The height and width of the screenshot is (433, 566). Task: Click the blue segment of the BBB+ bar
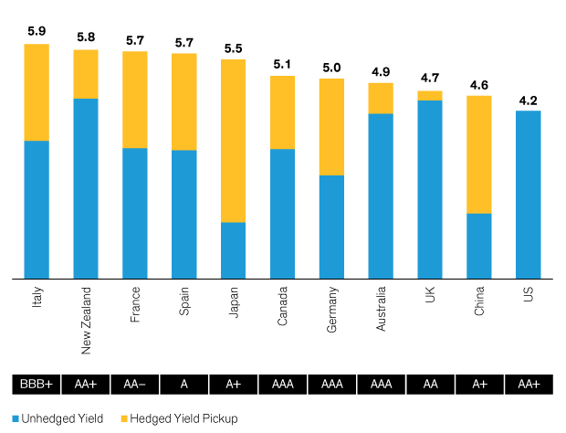(x=37, y=209)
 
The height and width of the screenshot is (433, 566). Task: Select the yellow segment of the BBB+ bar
(x=37, y=92)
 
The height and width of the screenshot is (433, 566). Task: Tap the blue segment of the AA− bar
(x=135, y=213)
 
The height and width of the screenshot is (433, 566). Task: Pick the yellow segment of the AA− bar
(x=135, y=100)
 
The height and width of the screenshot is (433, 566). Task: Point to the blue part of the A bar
(x=184, y=214)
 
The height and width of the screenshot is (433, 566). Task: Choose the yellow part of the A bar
(x=184, y=101)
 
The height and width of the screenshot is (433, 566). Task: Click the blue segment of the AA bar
(x=430, y=189)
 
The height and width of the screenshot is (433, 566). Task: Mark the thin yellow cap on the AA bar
(x=430, y=95)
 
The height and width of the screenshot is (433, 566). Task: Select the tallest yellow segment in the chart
(x=233, y=141)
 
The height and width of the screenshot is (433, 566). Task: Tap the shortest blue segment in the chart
(x=233, y=250)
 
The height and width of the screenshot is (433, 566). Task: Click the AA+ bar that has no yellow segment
(x=529, y=195)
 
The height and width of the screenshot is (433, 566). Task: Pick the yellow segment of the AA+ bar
(x=86, y=74)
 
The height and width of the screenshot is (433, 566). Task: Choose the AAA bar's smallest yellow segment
(x=381, y=98)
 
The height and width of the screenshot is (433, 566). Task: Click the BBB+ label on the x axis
(x=37, y=385)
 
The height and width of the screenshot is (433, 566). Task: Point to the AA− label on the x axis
(x=135, y=385)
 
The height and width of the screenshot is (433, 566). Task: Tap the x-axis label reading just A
(x=184, y=385)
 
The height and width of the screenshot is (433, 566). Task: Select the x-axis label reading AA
(x=430, y=385)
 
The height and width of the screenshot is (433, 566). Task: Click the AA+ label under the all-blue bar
(x=529, y=385)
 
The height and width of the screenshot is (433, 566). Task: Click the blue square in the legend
(x=16, y=418)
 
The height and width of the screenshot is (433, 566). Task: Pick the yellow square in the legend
(x=124, y=418)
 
